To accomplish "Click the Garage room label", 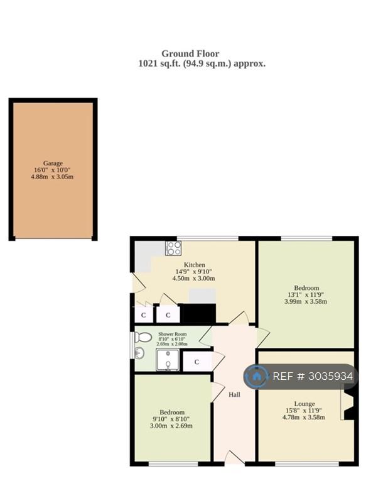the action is (53, 164).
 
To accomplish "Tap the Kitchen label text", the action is (195, 265).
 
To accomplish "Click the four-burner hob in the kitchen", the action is (173, 248).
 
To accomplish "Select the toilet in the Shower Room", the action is (143, 337).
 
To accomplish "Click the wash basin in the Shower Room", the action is (139, 353).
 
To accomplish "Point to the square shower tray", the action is (168, 360).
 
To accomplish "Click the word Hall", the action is (234, 394).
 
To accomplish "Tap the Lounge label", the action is (304, 404).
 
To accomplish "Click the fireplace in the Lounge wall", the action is (348, 405).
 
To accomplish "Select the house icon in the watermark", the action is (256, 376).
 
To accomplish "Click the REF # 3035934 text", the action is (313, 376).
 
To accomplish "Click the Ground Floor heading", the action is (190, 53).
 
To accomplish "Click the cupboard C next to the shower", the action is (197, 362).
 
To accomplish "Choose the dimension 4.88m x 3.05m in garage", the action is (52, 177).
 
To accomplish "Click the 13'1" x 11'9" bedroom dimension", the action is (306, 294).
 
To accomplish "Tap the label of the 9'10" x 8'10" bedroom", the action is (172, 412).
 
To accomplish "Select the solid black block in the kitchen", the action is (198, 313).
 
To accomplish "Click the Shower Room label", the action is (172, 334).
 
